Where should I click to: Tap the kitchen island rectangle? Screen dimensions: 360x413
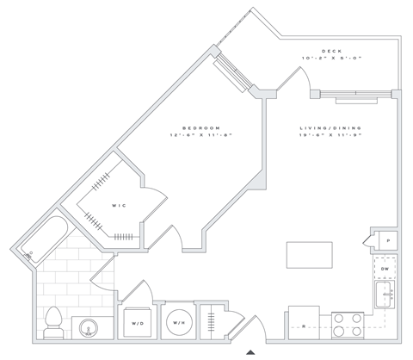click(x=310, y=256)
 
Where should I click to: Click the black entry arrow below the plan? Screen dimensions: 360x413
click(x=250, y=351)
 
